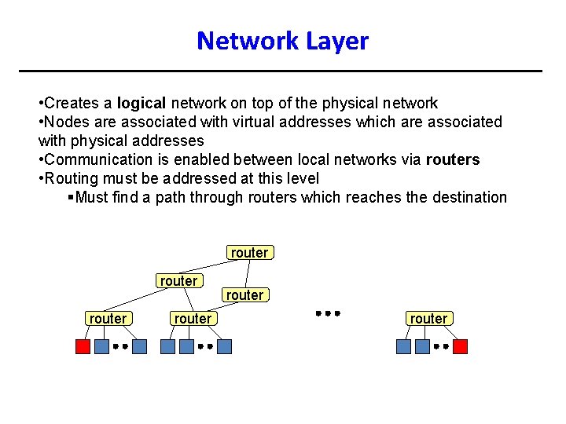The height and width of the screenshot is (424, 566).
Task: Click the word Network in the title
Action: (x=244, y=41)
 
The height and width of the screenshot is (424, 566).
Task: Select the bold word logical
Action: (x=141, y=103)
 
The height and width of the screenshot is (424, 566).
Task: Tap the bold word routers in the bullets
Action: (x=452, y=159)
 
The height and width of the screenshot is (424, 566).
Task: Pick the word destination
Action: (x=469, y=197)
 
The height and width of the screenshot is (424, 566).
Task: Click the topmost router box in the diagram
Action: (x=249, y=252)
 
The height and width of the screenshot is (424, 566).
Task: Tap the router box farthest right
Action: (x=428, y=318)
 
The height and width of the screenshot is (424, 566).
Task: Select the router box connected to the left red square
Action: (x=108, y=318)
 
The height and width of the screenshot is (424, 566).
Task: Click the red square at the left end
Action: (x=83, y=346)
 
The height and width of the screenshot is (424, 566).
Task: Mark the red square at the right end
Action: (x=460, y=346)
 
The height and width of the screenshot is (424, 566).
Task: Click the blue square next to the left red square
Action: (x=101, y=346)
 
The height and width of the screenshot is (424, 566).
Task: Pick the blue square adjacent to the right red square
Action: (x=422, y=346)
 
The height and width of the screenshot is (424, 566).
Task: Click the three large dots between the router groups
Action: (x=328, y=313)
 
